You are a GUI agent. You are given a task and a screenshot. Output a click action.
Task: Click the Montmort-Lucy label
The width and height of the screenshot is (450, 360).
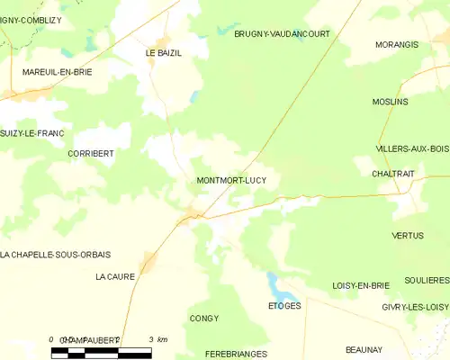231,180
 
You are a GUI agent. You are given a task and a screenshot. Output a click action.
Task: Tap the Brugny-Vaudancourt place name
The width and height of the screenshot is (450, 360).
282,33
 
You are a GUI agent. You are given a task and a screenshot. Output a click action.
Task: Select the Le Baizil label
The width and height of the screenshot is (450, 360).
164,53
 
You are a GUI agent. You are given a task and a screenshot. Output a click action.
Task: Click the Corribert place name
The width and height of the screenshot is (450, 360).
91,154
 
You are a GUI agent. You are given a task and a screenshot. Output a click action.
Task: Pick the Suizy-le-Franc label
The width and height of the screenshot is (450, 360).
31,133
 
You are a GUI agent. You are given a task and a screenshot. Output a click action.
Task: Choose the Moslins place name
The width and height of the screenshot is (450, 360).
391,102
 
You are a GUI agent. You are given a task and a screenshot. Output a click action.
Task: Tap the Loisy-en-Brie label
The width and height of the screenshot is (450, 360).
360,285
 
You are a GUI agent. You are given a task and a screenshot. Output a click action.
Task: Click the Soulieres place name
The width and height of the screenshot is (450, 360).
427,281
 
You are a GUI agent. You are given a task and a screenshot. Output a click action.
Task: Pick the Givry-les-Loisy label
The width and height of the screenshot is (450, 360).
414,307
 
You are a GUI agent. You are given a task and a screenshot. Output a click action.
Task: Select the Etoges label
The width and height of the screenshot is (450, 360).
284,306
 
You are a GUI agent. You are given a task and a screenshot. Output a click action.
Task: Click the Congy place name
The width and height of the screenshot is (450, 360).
204,318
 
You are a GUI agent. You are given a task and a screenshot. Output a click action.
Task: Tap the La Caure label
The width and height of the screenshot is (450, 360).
114,277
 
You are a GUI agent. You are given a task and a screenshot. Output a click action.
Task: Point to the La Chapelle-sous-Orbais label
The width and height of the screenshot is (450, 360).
56,254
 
